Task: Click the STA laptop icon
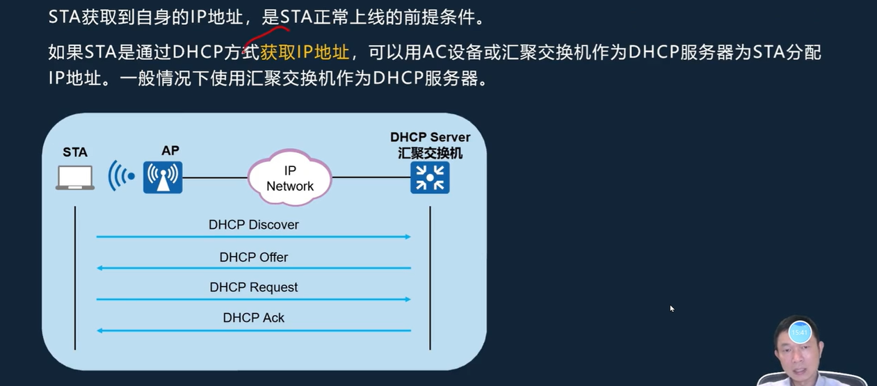click(75, 177)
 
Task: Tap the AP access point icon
click(163, 177)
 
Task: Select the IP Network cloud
click(289, 178)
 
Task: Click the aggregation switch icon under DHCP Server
click(430, 177)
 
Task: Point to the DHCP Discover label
click(254, 225)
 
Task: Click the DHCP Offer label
click(254, 257)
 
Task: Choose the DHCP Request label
click(254, 287)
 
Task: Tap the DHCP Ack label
click(254, 318)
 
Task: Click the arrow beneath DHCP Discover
click(254, 237)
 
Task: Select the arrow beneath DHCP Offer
click(254, 268)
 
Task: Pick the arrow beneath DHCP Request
click(254, 299)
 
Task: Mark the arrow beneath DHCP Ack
click(254, 330)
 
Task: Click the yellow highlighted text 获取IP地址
click(305, 51)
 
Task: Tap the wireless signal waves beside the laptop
click(120, 177)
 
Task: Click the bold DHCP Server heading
click(430, 138)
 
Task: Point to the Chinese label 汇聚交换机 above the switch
click(430, 153)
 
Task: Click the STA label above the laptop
click(75, 152)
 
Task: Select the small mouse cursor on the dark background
click(672, 308)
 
